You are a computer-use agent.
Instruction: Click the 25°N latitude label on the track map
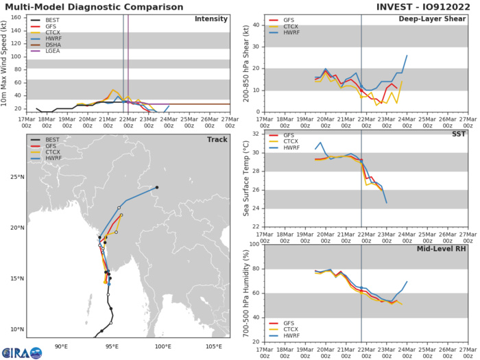16,177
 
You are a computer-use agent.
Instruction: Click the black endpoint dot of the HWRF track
157,187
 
